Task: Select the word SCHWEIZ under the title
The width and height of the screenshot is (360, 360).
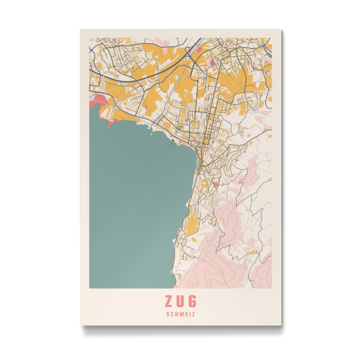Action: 180,313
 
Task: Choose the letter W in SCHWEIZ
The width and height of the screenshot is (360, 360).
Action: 180,313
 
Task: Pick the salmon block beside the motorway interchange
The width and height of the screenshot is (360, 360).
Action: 212,61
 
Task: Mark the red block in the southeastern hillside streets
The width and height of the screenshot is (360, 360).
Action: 215,185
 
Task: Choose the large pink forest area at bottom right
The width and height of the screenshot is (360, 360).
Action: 240,252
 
